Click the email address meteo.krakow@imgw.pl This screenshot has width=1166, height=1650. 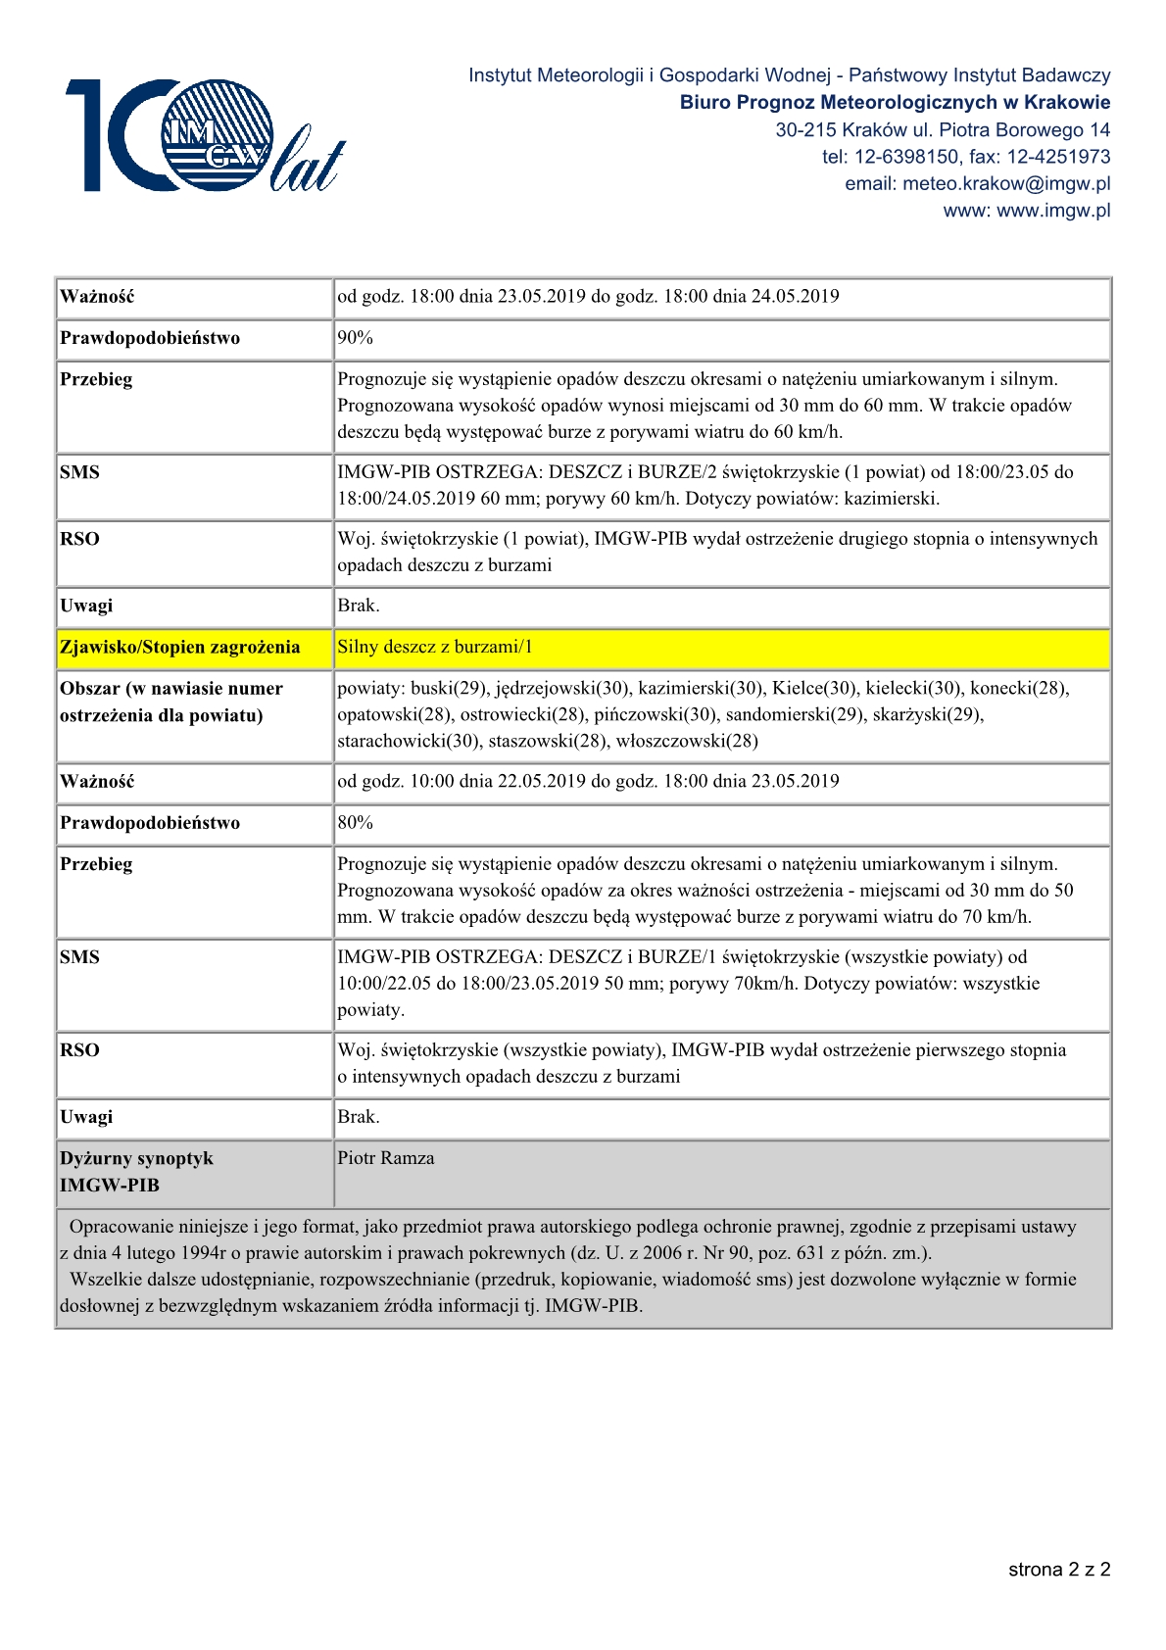point(977,183)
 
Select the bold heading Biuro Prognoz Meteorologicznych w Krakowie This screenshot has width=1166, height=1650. point(895,102)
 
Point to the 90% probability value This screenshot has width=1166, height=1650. point(355,338)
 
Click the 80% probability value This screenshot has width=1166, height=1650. point(355,823)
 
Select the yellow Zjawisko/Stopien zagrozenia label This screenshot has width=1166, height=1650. point(180,648)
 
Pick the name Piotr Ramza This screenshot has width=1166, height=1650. point(386,1158)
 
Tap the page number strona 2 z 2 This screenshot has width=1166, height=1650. point(1059,1570)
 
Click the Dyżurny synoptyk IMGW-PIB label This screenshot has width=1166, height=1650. point(136,1172)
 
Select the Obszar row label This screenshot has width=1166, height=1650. point(171,702)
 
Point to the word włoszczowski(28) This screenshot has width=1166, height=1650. point(687,742)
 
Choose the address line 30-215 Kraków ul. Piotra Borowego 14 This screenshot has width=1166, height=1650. point(943,129)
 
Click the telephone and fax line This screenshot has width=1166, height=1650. point(966,157)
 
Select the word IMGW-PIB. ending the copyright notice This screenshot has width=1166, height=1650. point(594,1306)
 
